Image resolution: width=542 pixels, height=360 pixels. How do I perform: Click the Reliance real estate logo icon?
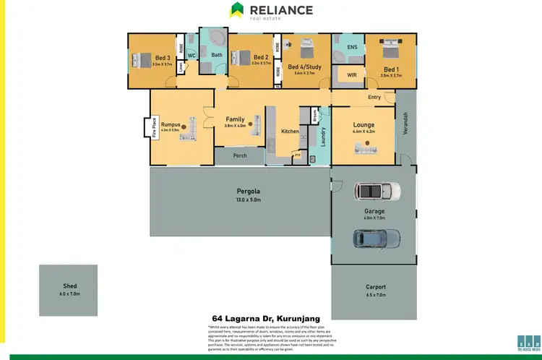click(x=237, y=10)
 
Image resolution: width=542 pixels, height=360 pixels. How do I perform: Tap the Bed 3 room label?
click(x=162, y=57)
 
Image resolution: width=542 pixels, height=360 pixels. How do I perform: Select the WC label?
click(x=192, y=55)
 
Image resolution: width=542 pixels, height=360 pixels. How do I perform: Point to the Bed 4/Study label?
click(x=304, y=67)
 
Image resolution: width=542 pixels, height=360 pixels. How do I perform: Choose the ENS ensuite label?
click(x=352, y=48)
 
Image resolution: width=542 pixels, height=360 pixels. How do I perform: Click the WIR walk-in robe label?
click(x=352, y=74)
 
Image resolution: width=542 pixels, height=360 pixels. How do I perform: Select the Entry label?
click(x=374, y=97)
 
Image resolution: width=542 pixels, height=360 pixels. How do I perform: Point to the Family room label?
click(x=235, y=119)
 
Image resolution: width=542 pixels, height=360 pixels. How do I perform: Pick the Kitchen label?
click(x=290, y=132)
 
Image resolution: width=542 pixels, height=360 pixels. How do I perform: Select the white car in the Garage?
click(x=377, y=191)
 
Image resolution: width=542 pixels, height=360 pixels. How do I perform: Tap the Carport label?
click(x=373, y=287)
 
